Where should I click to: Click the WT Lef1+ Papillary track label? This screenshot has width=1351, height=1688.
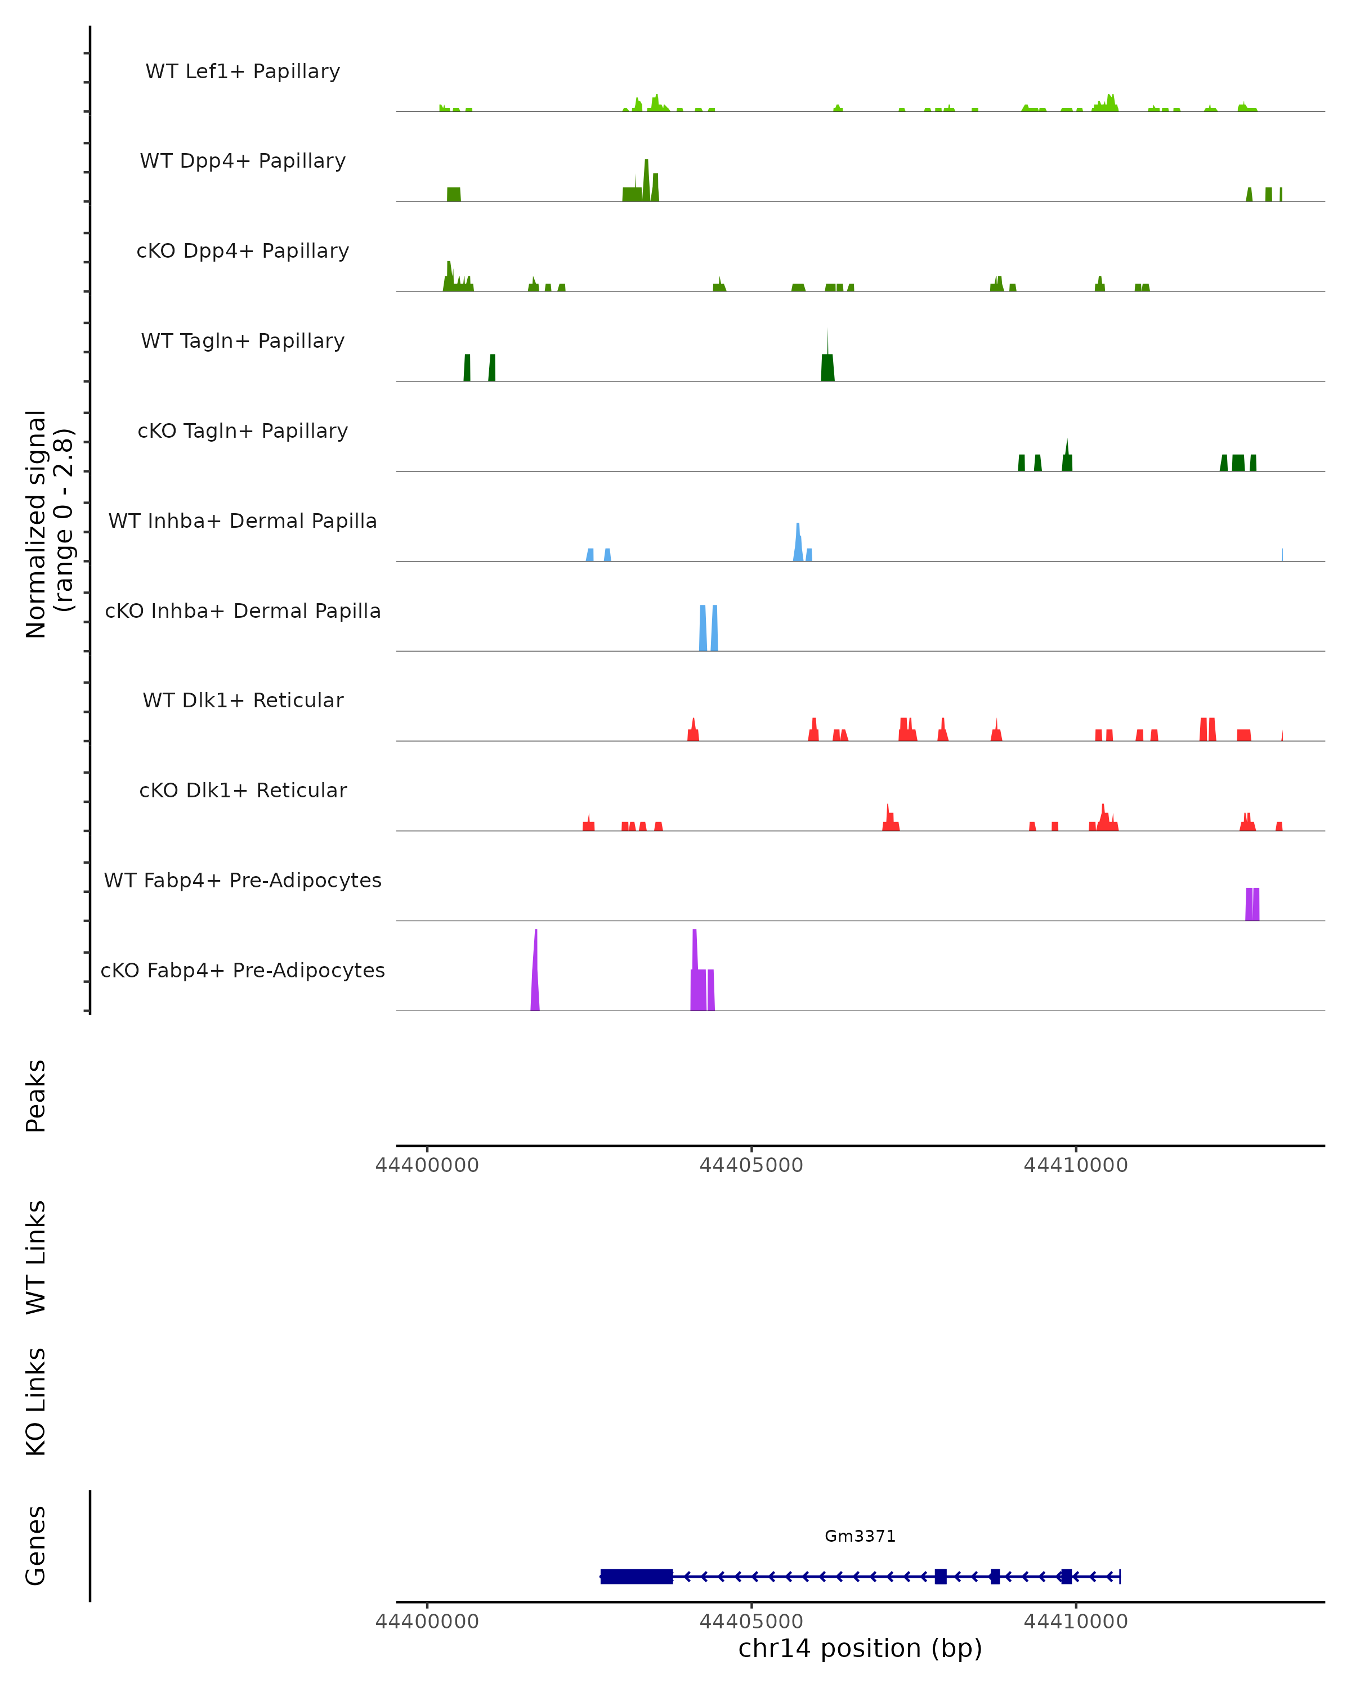tap(243, 71)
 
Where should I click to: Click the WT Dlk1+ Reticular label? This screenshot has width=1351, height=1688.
tap(243, 700)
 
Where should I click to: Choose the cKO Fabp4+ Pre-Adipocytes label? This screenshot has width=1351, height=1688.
tap(243, 970)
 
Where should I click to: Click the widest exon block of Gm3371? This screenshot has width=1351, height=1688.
tap(636, 1576)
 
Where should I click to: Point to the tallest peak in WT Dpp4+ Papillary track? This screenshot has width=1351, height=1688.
tap(646, 182)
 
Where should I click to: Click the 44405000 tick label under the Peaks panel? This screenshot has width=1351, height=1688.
tap(751, 1165)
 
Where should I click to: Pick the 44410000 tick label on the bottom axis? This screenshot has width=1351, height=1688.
tap(1075, 1622)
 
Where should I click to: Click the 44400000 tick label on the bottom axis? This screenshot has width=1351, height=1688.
tap(427, 1622)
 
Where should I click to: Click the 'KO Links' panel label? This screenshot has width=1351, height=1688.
tap(36, 1402)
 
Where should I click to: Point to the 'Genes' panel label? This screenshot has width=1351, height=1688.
tap(36, 1546)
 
